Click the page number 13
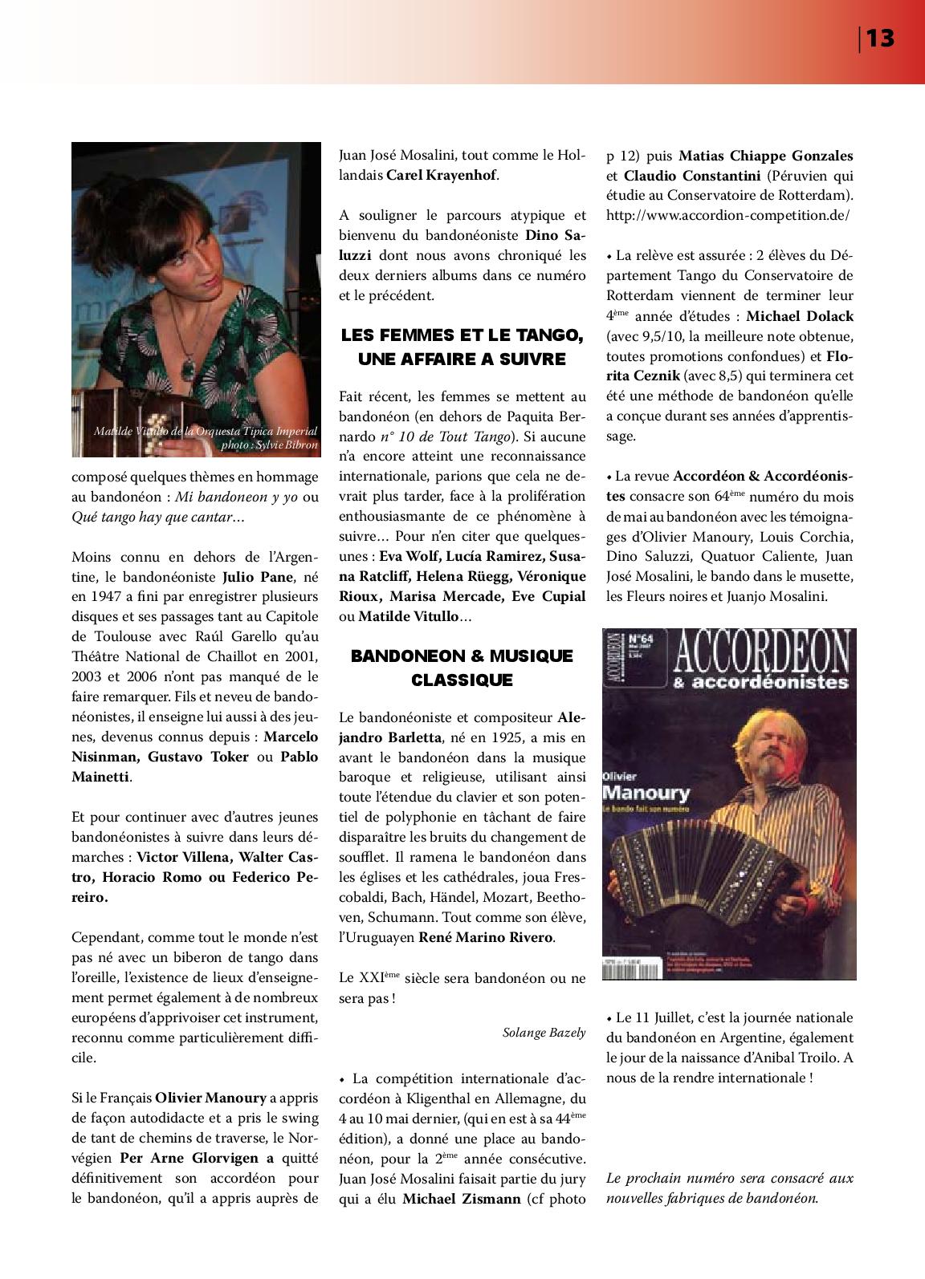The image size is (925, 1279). tap(880, 38)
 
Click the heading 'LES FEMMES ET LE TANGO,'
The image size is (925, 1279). tap(462, 335)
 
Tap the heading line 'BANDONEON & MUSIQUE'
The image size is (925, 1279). tap(462, 656)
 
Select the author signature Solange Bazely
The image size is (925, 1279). tap(544, 1033)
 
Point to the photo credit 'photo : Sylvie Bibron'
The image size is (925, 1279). tap(269, 445)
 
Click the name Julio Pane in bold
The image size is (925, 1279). tap(261, 577)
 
